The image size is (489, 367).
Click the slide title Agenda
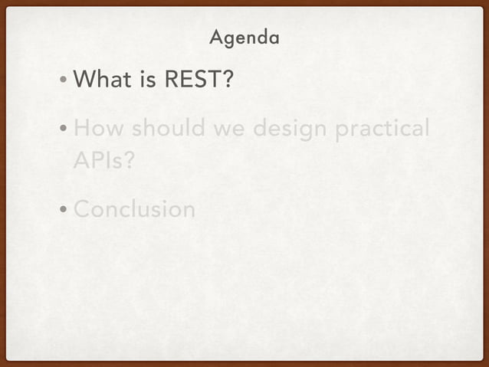point(244,37)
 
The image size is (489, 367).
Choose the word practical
point(382,129)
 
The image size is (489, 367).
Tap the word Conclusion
point(134,209)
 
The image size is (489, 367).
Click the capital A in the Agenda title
point(215,37)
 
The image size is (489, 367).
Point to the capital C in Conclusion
point(82,209)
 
